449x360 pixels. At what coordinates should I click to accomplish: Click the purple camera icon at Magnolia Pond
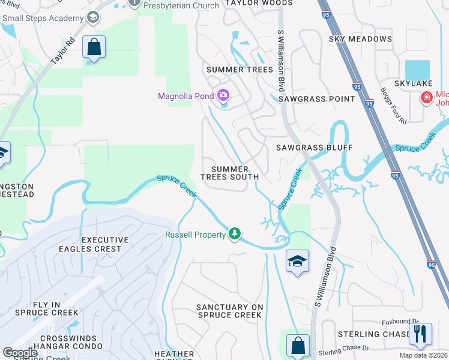[x=223, y=95]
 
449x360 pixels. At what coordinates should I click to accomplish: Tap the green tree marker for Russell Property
[x=235, y=233]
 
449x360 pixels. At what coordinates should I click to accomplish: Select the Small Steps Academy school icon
[x=92, y=17]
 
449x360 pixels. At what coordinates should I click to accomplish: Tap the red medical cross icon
[x=427, y=97]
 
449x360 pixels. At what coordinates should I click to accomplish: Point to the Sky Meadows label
[x=360, y=39]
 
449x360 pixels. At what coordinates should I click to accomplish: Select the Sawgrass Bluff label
[x=314, y=147]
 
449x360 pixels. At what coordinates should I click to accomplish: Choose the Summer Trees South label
[x=229, y=173]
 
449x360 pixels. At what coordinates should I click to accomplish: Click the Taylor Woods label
[x=259, y=3]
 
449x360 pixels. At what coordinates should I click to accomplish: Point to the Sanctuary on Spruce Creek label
[x=230, y=311]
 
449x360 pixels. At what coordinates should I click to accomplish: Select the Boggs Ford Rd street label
[x=394, y=106]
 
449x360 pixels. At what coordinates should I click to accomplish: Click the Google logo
[x=20, y=353]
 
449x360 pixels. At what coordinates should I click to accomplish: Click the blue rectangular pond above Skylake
[x=417, y=70]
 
